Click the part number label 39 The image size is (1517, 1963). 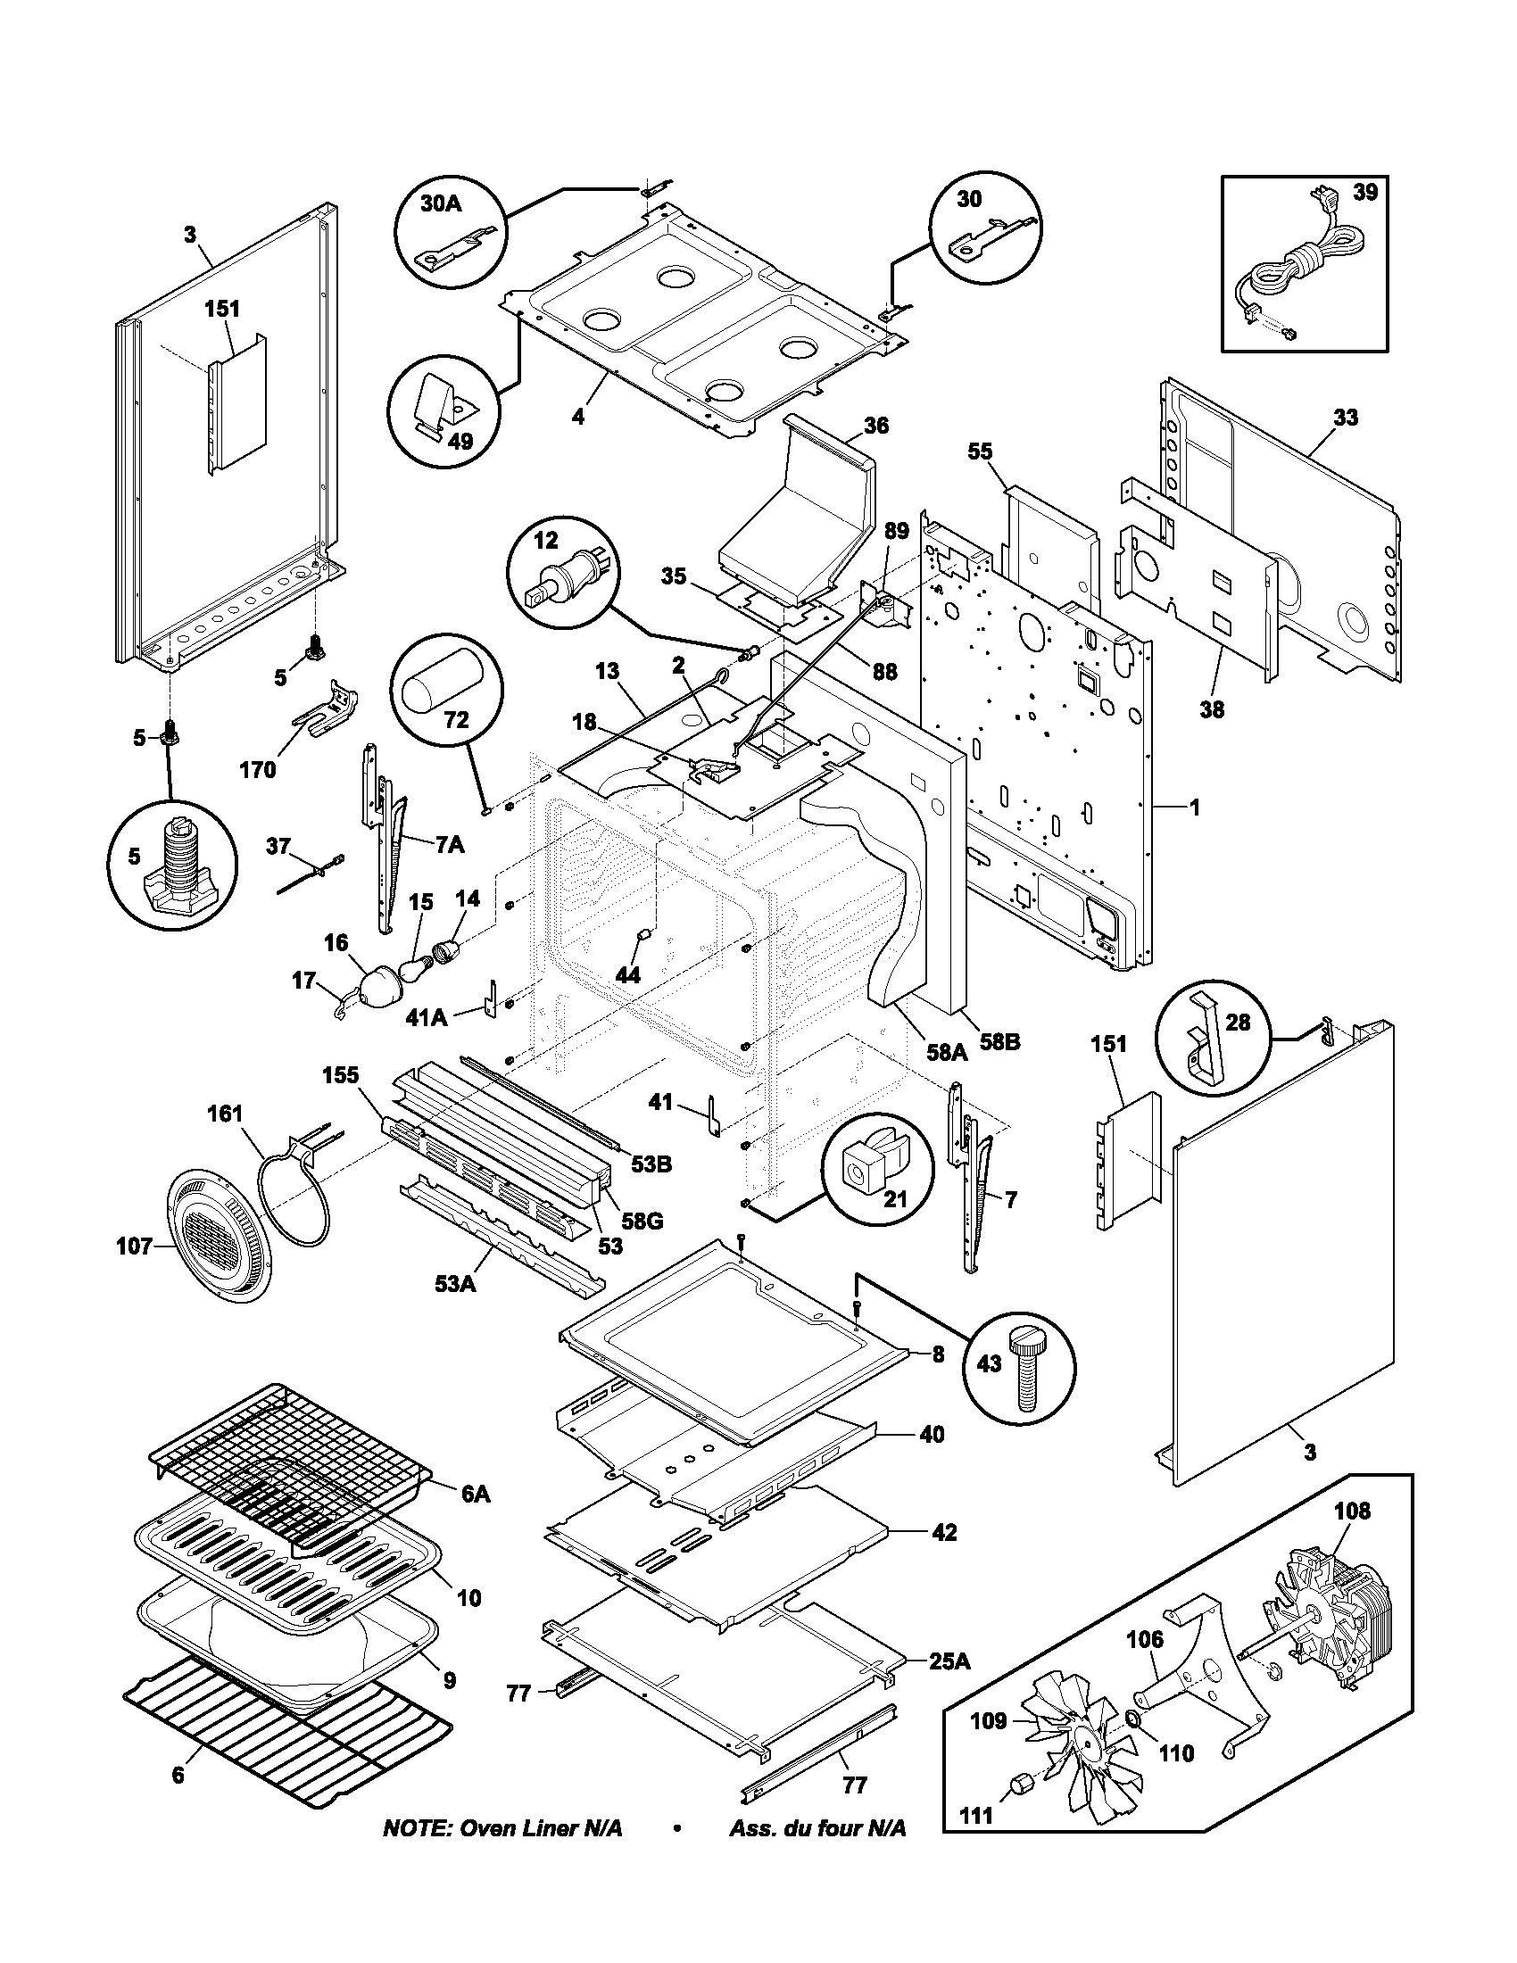coord(1364,193)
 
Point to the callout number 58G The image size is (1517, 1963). coord(643,1222)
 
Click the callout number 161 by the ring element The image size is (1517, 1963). coord(225,1114)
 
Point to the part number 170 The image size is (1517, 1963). coord(258,769)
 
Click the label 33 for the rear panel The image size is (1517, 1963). coord(1345,417)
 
